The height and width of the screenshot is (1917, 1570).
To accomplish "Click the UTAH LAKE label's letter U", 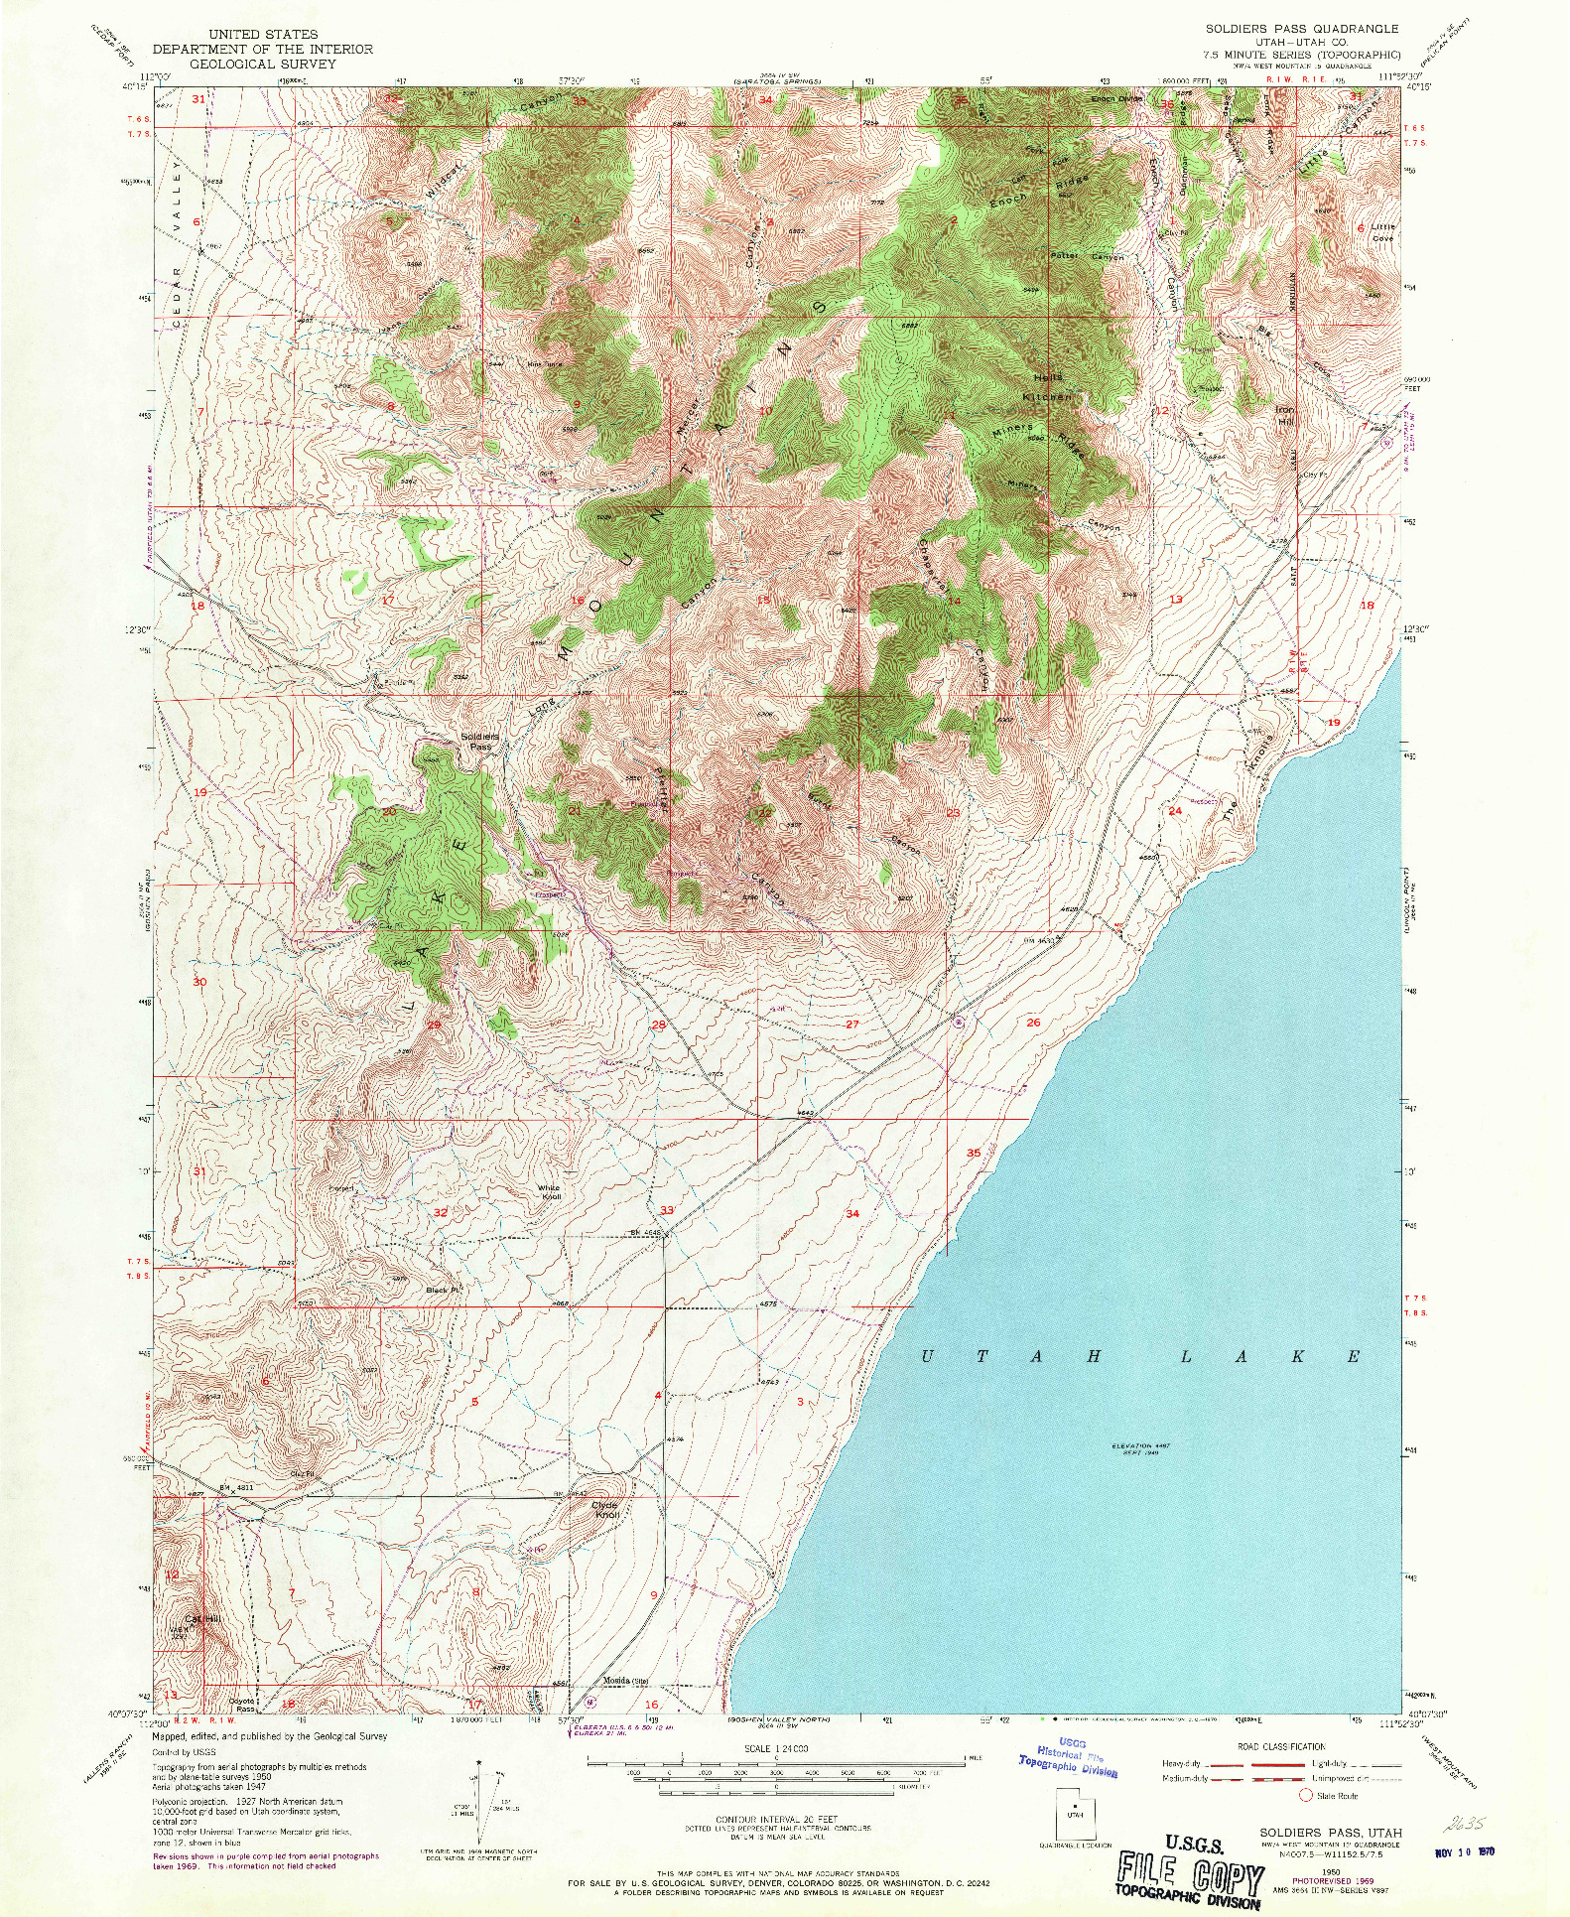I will click(x=927, y=1356).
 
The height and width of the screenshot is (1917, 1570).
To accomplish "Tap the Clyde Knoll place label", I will click(x=605, y=1510).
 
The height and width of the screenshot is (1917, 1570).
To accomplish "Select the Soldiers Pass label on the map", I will click(x=480, y=741).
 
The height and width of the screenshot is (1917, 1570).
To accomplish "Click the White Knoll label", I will click(x=549, y=1191).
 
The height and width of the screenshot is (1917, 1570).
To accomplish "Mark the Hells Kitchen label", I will click(x=1048, y=386).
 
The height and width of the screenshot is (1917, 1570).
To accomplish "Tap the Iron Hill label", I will click(x=1285, y=415).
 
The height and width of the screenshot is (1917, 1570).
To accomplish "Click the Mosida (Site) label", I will click(x=626, y=1681).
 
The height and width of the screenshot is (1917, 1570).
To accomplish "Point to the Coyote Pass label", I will click(x=242, y=1705).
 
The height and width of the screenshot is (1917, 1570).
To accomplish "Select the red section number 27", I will click(x=851, y=1024).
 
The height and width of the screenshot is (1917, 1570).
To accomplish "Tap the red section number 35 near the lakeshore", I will click(x=974, y=1153).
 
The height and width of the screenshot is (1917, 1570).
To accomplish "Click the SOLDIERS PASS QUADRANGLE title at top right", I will click(x=1301, y=29).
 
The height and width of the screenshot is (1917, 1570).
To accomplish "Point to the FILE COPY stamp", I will click(x=1190, y=1873).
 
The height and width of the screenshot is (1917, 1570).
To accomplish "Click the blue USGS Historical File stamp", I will click(x=1069, y=1756).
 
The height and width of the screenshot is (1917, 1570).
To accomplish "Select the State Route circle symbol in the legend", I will click(x=1307, y=1795).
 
